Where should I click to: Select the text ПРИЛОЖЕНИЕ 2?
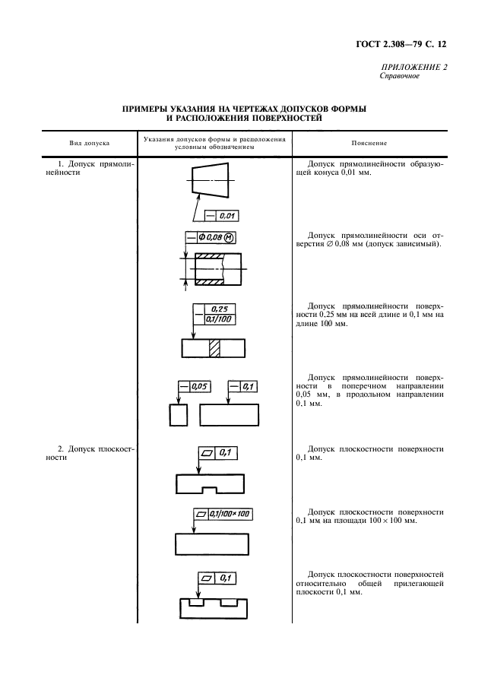click(413, 67)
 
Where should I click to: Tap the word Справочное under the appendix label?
click(400, 76)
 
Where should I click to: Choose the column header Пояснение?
click(369, 143)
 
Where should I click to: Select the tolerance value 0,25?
click(220, 309)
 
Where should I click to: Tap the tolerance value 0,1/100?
click(220, 319)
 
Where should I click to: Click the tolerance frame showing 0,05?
click(195, 386)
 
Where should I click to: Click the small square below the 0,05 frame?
click(178, 415)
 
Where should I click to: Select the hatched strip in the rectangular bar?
click(214, 348)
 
